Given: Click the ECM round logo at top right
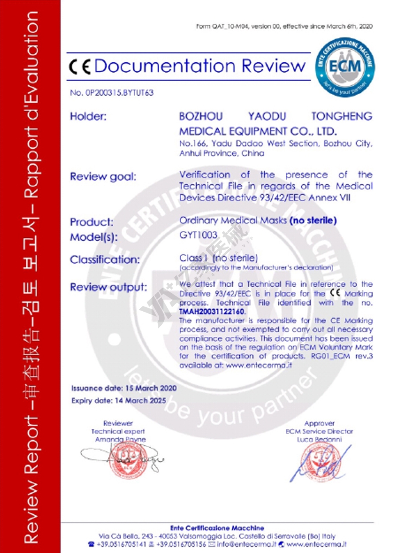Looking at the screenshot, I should tap(345, 67).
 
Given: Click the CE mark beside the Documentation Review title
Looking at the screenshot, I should tap(80, 67).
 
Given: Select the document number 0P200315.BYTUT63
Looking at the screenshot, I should tap(112, 93).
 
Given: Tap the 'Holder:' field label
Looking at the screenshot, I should tap(88, 116).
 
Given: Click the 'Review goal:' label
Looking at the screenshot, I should tap(103, 176).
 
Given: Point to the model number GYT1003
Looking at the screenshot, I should tap(198, 235).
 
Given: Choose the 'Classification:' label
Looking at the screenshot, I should tap(105, 259).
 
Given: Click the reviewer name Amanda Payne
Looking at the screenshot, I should tap(120, 439).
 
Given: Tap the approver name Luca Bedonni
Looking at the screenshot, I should tap(319, 439).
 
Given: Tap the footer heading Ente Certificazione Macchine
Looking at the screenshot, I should tap(217, 528).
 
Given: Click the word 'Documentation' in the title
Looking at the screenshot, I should tap(165, 66).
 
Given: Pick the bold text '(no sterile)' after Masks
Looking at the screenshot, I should tap(313, 220).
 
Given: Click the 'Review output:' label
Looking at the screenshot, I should tap(108, 287).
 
